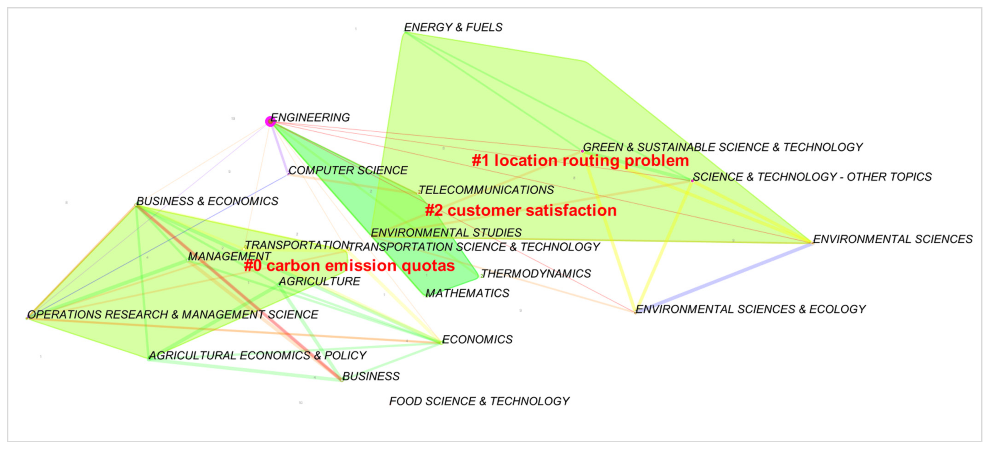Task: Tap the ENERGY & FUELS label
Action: (453, 27)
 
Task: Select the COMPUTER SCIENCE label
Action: (348, 170)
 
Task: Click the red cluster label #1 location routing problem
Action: (580, 160)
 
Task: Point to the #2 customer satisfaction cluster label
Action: (521, 210)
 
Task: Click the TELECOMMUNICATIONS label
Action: (486, 190)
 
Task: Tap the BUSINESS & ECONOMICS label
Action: (207, 201)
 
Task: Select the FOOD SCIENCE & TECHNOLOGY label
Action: (479, 401)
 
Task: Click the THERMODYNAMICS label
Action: (536, 273)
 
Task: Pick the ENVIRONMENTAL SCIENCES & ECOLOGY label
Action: (751, 309)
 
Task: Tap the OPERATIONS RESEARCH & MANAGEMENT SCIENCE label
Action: (173, 314)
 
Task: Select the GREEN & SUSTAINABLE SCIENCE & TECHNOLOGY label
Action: (723, 147)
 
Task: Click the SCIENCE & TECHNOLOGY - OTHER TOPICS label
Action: (812, 177)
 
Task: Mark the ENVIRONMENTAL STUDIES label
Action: (446, 232)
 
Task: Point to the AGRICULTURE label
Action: (319, 281)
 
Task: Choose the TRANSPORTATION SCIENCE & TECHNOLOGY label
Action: (474, 247)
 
